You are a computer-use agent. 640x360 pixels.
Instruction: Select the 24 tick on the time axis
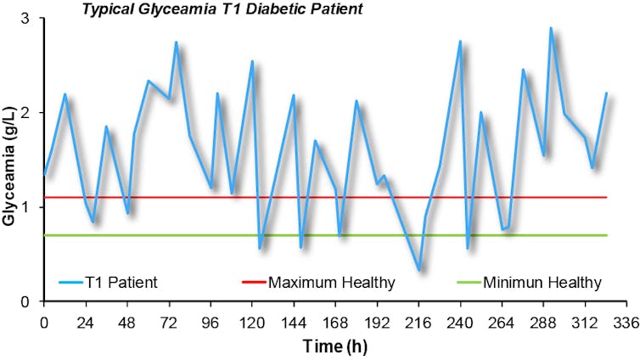[x=85, y=323]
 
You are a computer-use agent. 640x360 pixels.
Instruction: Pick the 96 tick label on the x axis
[x=209, y=323]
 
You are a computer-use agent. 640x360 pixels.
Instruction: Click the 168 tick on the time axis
[x=334, y=323]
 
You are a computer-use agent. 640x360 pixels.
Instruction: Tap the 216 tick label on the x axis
[x=418, y=323]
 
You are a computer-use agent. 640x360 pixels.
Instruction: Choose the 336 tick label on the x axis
[x=626, y=323]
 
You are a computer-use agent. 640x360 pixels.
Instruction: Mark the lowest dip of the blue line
[x=418, y=269]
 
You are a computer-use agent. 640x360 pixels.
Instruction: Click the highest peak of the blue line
[x=550, y=28]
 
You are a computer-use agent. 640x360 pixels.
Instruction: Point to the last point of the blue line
[x=607, y=93]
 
